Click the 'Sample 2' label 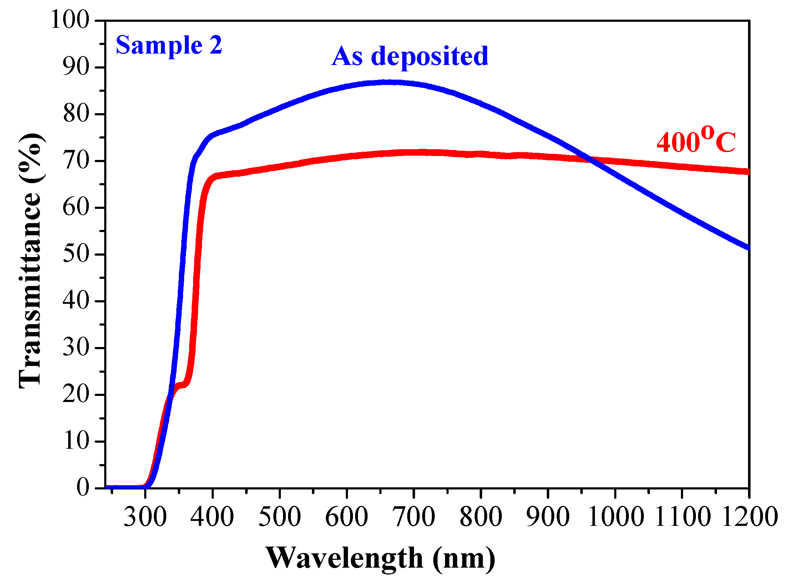coord(169,46)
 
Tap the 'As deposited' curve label coord(410,56)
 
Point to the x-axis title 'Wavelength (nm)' coord(380,558)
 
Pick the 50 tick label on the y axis coord(76,254)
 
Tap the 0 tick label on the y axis coord(82,487)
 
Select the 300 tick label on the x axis coord(145,517)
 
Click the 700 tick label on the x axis coord(413,517)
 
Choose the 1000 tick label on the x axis coord(615,517)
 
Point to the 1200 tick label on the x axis coord(749,517)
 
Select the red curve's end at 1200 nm coord(748,171)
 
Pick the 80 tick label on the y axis coord(76,114)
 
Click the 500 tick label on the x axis coord(279,517)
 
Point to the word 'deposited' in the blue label coord(430,56)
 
